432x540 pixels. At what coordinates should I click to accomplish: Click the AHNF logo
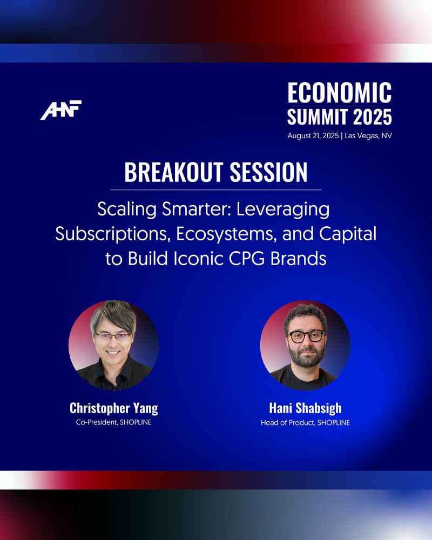pos(61,110)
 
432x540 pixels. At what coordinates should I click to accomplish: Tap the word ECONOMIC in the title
pos(339,93)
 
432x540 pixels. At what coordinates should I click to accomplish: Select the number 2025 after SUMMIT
pos(373,117)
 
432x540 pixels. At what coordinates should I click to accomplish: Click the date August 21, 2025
pos(313,136)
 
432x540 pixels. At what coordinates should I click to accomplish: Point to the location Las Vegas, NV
pos(368,136)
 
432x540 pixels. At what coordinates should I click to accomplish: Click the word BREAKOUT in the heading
pos(173,172)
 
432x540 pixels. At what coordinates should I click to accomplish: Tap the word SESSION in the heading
pos(268,172)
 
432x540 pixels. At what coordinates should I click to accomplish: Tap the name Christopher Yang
pos(114,408)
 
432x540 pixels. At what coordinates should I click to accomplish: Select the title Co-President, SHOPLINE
pos(114,422)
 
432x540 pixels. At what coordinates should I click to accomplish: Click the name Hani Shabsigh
pos(305,408)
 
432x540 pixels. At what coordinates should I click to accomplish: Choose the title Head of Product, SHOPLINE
pos(305,423)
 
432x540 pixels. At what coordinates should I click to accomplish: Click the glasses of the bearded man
pos(306,336)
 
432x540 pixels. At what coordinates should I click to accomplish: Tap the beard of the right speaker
pos(306,356)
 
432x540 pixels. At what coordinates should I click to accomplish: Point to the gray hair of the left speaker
pos(114,315)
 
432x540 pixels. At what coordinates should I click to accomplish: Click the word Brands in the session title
pos(298,259)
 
